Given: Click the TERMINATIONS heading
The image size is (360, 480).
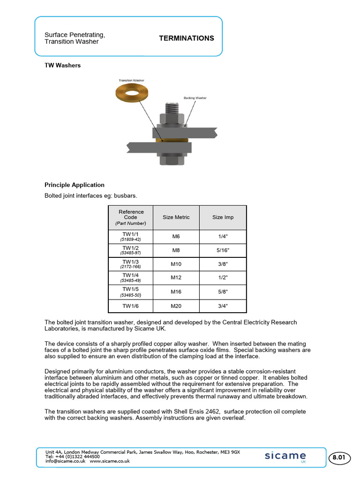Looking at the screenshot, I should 187,38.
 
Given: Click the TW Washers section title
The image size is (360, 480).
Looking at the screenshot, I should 62,65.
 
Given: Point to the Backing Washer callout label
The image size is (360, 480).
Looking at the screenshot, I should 195,98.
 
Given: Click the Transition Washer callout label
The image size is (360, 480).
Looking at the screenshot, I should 131,80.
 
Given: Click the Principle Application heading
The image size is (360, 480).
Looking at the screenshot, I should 75,185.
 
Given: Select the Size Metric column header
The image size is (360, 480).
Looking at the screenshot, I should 176,217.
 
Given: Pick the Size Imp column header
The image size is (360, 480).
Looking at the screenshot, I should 223,217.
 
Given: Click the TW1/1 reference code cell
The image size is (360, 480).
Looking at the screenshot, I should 131,236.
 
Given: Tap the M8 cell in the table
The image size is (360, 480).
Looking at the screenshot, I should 176,250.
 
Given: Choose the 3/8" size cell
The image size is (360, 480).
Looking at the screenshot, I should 223,264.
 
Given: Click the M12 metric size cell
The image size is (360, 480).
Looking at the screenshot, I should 176,278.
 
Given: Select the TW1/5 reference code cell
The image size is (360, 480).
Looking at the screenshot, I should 131,292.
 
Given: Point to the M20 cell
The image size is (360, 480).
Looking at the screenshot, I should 176,306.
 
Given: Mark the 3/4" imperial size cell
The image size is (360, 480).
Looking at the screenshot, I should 223,306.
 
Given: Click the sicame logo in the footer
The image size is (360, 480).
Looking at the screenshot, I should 285,456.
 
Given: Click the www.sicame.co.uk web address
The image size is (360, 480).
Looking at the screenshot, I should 110,461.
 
